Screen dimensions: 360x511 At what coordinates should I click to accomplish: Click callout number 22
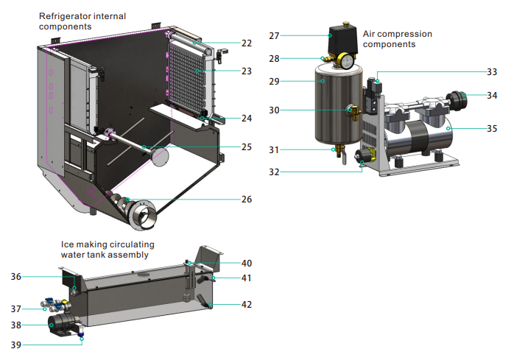coord(247,43)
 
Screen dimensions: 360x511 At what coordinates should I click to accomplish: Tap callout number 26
coord(247,198)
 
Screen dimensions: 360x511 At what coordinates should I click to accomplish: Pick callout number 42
coord(246,304)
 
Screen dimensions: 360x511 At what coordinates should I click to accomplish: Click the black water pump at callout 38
coord(60,324)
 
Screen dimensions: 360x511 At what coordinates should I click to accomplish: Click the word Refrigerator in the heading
coord(66,15)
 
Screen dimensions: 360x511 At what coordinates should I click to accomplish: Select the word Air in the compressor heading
coord(371,34)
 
